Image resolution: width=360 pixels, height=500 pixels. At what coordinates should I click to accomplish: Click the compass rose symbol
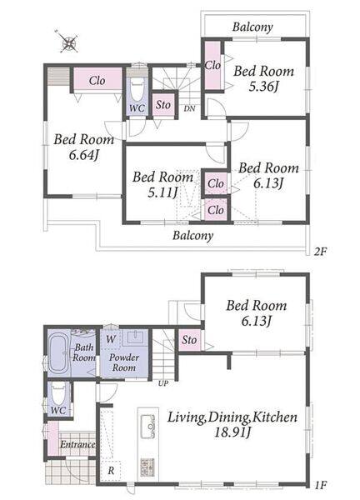point(69,42)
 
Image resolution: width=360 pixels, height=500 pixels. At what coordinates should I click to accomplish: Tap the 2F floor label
point(320,252)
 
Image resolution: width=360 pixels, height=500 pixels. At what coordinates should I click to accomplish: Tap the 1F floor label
point(321,485)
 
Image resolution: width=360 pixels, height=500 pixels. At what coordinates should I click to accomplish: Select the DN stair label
point(190,108)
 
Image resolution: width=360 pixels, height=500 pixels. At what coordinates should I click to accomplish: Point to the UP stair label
point(163,383)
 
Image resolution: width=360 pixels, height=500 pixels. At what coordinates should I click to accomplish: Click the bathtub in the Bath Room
point(58,355)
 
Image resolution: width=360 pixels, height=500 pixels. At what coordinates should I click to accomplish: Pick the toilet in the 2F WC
point(137,91)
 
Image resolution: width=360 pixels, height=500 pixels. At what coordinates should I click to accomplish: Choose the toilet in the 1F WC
point(58,395)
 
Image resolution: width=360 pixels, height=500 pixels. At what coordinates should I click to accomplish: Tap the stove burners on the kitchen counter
point(147,467)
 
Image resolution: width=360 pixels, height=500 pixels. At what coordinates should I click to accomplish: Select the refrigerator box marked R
point(111,471)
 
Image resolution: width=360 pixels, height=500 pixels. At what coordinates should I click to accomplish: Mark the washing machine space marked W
point(111,339)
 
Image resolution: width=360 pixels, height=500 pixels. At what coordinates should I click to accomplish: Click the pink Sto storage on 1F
point(189,340)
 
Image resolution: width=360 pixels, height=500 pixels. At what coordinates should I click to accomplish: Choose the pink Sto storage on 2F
point(163,105)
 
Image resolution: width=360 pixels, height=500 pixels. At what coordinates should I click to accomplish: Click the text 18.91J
point(232,432)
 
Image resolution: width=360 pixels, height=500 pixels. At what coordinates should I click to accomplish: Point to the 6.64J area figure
point(83,155)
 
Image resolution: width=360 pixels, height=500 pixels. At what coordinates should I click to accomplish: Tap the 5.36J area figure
point(263,87)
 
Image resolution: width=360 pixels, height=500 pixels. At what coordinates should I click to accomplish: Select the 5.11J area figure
point(162,192)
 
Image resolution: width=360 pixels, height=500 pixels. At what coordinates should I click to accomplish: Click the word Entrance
point(77,444)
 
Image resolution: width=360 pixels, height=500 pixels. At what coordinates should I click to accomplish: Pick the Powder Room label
point(124,362)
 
